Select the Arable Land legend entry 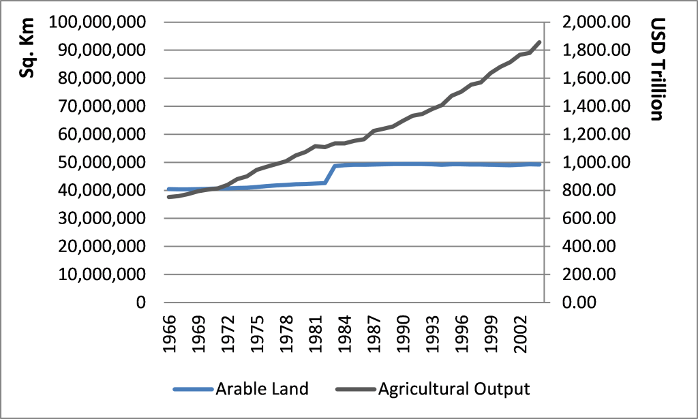pyautogui.click(x=262, y=389)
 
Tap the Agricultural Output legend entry pyautogui.click(x=453, y=389)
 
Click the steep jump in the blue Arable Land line pyautogui.click(x=330, y=174)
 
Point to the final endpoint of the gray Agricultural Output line pyautogui.click(x=540, y=42)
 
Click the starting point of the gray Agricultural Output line pyautogui.click(x=168, y=197)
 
